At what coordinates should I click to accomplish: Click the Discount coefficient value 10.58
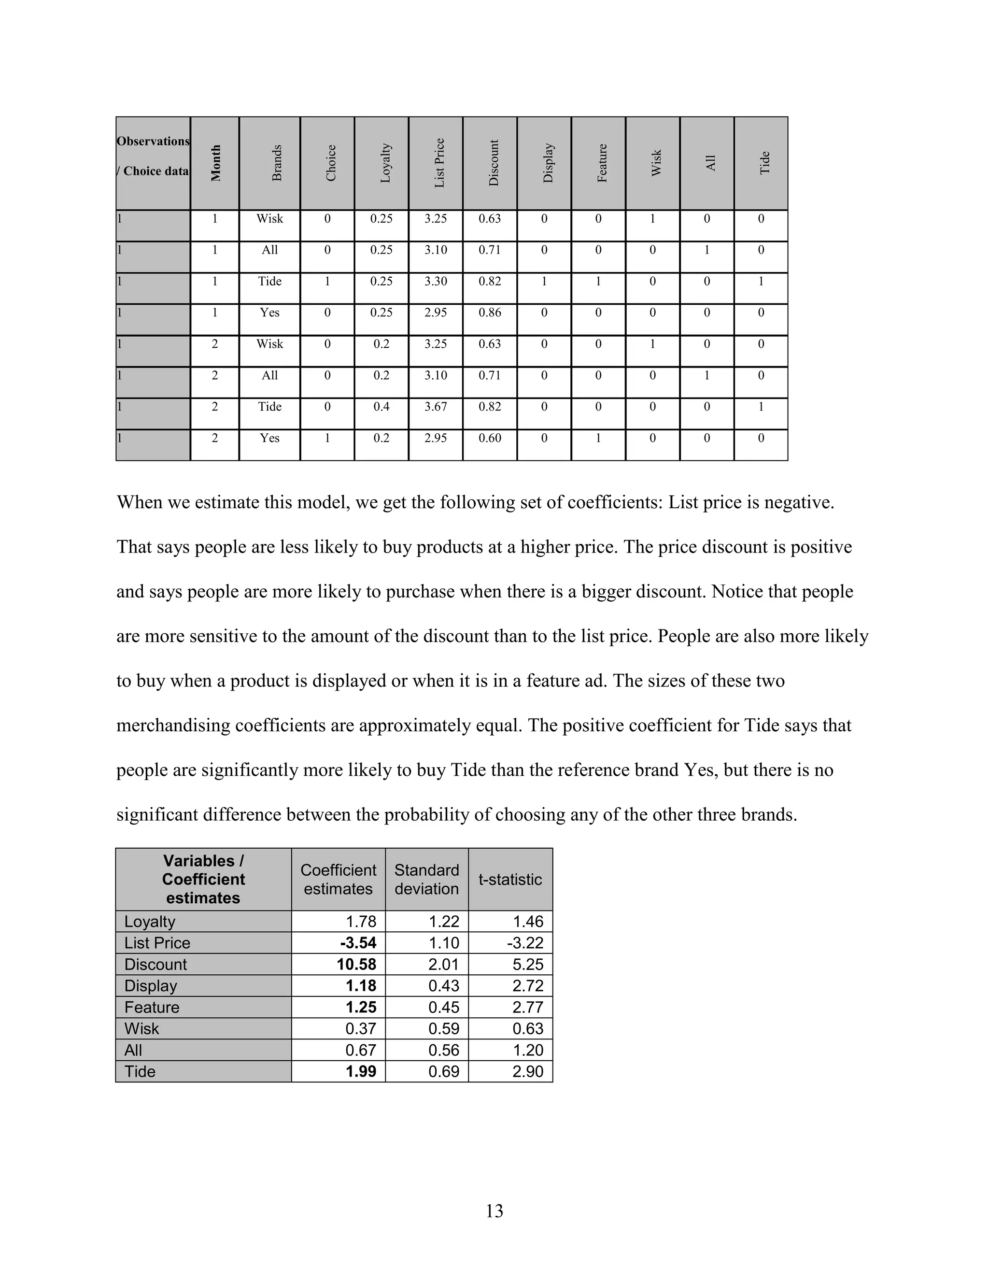356,964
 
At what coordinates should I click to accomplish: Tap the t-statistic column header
510,879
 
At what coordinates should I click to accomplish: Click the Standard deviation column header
426,879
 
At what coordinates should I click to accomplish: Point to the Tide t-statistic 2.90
528,1071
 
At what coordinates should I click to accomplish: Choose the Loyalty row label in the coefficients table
150,921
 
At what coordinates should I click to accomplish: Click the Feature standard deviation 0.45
443,1007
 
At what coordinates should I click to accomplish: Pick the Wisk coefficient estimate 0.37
361,1028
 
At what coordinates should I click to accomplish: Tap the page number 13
494,1210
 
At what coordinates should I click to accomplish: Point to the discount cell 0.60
490,438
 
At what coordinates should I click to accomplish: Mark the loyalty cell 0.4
381,407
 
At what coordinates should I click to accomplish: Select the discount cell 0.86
490,313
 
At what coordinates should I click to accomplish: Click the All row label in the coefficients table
134,1050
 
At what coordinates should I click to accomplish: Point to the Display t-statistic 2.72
528,986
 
